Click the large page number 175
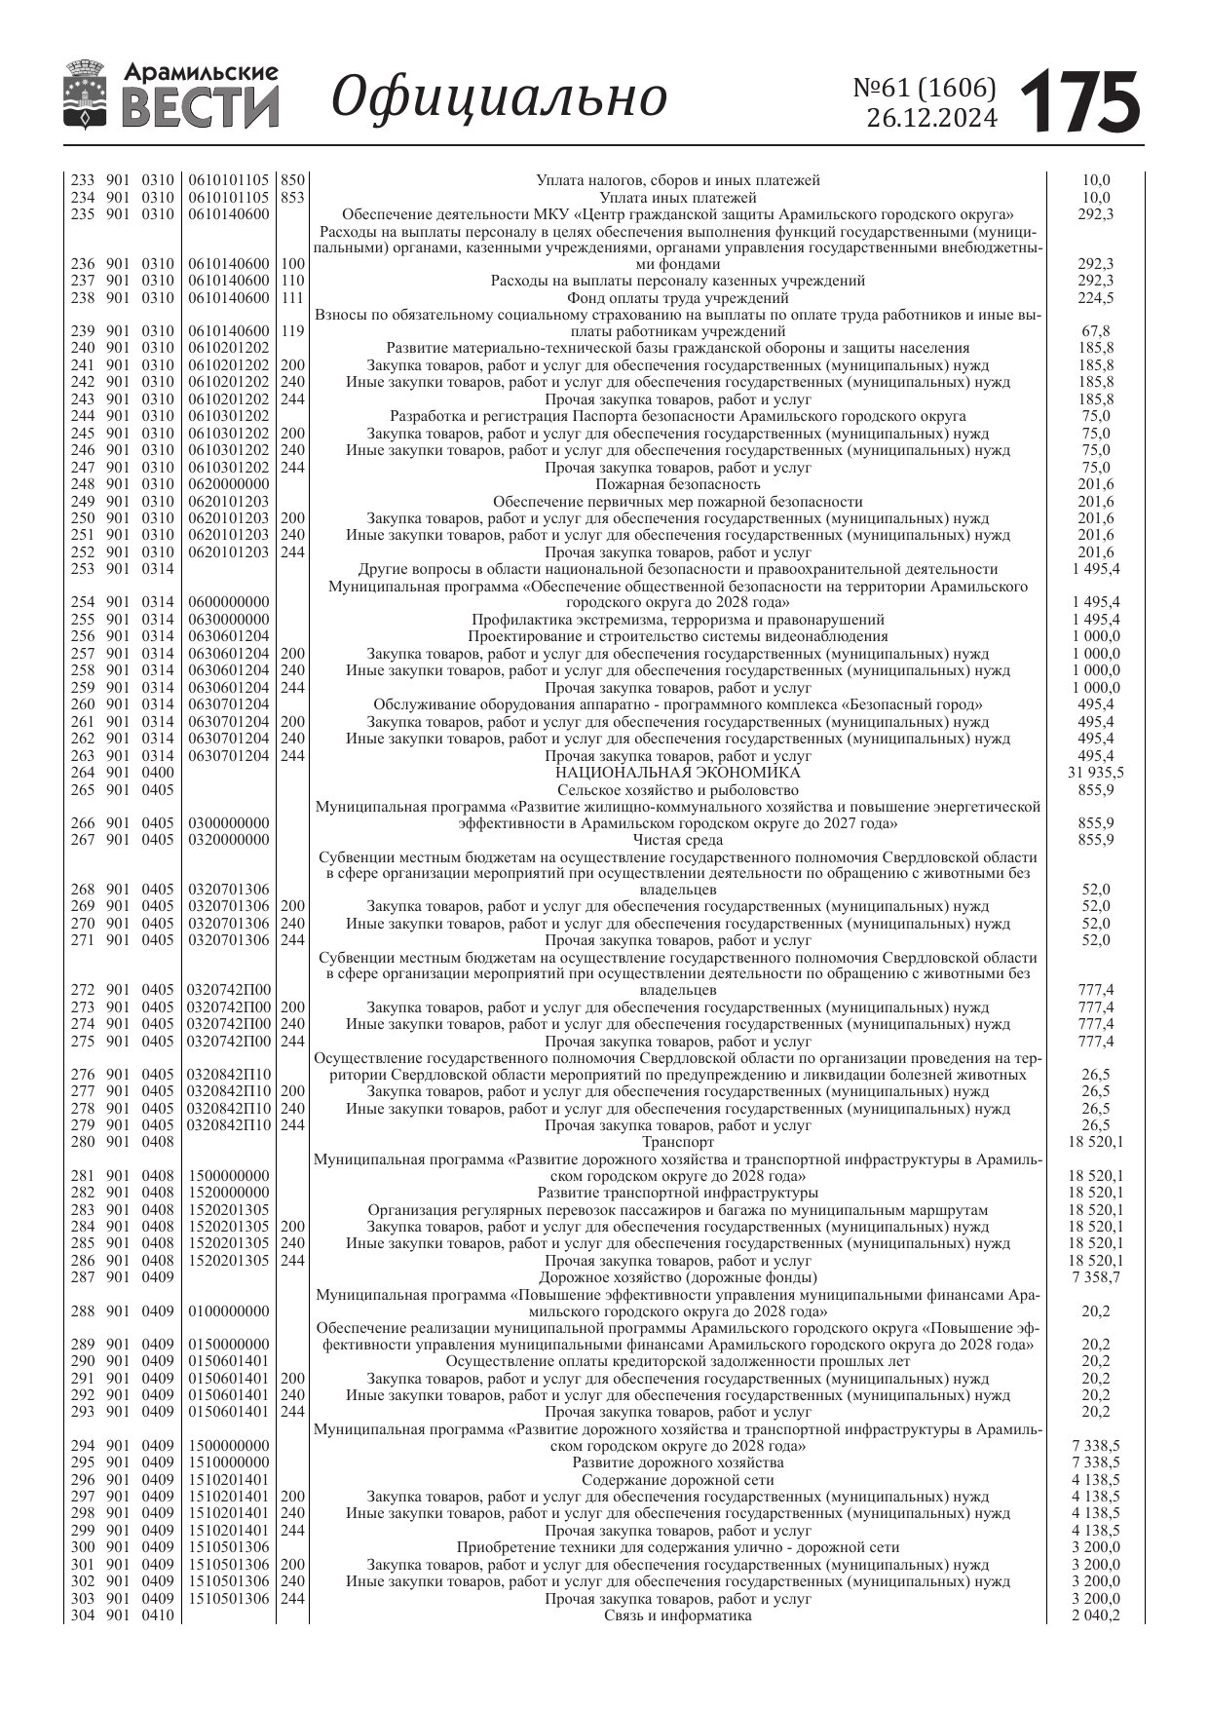(x=1080, y=102)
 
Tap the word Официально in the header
(x=499, y=96)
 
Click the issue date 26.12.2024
(x=931, y=119)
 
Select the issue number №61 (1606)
(x=925, y=89)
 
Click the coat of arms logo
(x=86, y=95)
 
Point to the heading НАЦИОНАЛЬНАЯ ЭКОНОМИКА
(x=677, y=773)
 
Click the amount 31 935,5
(x=1096, y=773)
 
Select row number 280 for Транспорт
(x=83, y=1142)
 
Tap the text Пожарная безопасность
(x=677, y=484)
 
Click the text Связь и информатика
(x=677, y=1615)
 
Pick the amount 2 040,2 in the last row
(x=1096, y=1615)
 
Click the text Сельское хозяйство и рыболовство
(x=677, y=790)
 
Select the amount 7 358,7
(x=1096, y=1277)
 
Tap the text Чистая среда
(x=677, y=840)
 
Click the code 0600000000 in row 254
(x=229, y=603)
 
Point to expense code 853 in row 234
(x=292, y=197)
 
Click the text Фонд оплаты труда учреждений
(x=677, y=298)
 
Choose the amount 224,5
(x=1096, y=298)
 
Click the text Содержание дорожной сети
(x=677, y=1480)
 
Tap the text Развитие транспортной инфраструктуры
(x=677, y=1193)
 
